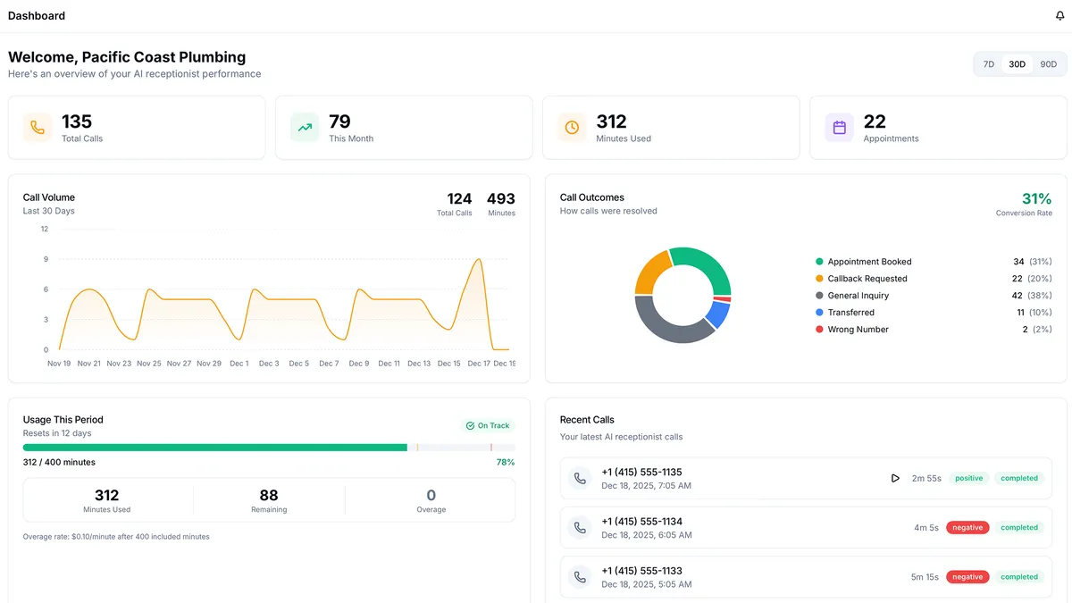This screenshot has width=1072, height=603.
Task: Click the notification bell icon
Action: (x=1059, y=16)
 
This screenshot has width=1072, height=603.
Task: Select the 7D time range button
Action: (x=989, y=64)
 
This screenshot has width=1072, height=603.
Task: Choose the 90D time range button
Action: (x=1048, y=64)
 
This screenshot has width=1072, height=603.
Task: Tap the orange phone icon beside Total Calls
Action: (x=38, y=128)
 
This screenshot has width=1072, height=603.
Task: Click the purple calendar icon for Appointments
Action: (x=840, y=128)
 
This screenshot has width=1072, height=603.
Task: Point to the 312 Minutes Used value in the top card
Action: (x=612, y=121)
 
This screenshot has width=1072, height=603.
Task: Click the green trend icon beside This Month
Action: (x=305, y=128)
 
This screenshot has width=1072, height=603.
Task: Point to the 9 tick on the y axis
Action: (x=45, y=259)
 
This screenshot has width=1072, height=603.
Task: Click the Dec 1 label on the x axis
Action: (x=239, y=364)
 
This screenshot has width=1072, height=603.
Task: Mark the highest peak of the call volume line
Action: (x=480, y=259)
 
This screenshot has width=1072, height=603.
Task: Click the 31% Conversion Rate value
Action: (x=1036, y=198)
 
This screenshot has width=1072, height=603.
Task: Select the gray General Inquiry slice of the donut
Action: (x=666, y=323)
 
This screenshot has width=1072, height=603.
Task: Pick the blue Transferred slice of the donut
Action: (x=717, y=314)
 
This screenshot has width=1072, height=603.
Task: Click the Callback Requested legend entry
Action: (x=867, y=279)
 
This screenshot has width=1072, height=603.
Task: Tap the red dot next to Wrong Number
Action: (x=819, y=330)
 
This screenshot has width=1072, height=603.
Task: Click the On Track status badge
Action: (x=488, y=426)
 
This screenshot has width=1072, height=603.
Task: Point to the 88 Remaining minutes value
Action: (x=269, y=496)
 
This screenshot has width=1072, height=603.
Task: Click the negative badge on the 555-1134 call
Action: (x=967, y=528)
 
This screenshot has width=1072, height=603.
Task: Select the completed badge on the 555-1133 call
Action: (x=1019, y=577)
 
